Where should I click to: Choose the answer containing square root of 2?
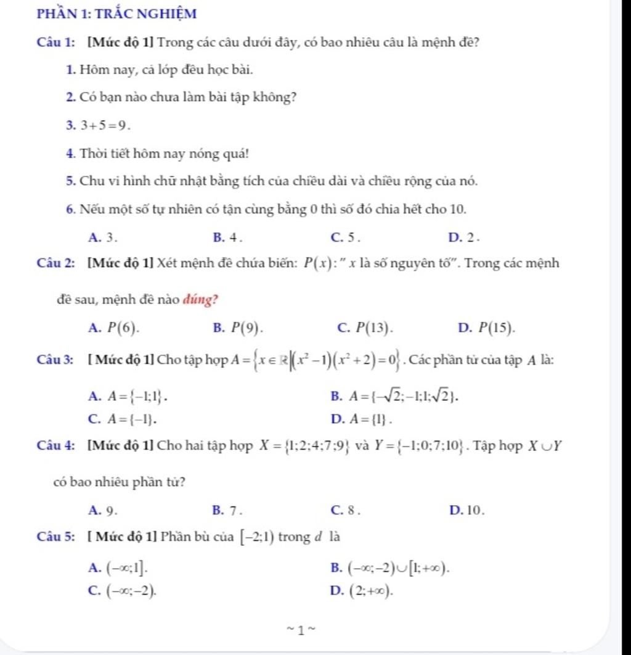[396, 395]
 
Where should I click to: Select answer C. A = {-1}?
[124, 419]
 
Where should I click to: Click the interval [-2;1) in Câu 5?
[257, 537]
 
